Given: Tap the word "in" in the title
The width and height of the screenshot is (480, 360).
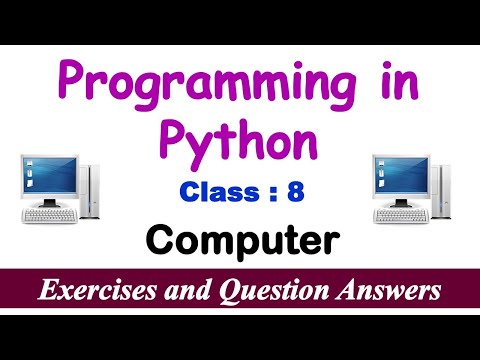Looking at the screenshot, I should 374,82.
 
